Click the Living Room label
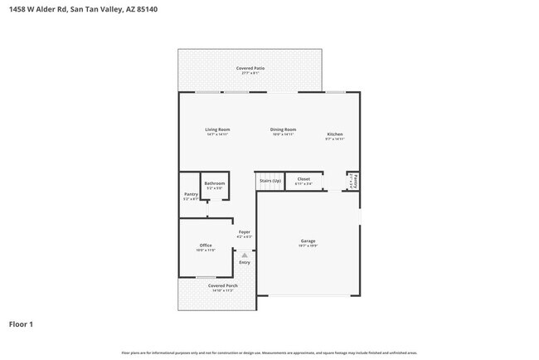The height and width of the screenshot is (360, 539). (218, 129)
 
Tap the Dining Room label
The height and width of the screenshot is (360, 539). (284, 129)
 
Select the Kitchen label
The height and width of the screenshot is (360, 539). (335, 134)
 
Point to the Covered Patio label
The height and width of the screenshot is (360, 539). (250, 68)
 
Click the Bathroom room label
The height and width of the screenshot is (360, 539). (215, 182)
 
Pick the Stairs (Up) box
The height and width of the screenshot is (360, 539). (269, 181)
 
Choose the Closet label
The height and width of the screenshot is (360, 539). (303, 178)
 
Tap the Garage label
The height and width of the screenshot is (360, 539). (308, 241)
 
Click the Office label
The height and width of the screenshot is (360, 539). (206, 246)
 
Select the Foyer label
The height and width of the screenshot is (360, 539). (245, 231)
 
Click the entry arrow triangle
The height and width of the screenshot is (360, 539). (245, 255)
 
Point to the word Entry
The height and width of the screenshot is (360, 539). (245, 263)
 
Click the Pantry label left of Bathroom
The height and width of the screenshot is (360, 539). (190, 193)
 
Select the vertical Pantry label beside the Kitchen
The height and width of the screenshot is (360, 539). (355, 180)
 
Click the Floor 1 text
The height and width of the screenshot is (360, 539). (22, 324)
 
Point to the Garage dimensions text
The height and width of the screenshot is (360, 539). (308, 246)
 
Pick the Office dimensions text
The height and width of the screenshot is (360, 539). (206, 251)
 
